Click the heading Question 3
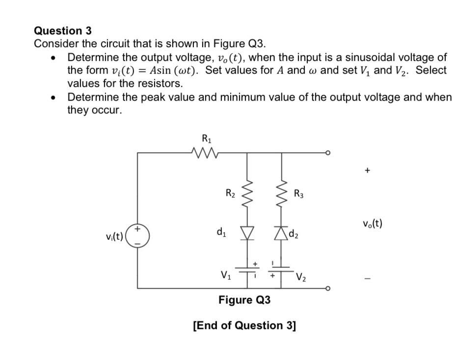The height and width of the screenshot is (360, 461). [62, 31]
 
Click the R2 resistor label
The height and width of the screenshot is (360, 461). [229, 193]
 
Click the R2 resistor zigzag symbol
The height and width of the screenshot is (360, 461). [246, 192]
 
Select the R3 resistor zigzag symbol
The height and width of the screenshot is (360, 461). [281, 192]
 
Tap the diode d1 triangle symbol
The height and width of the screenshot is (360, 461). [246, 234]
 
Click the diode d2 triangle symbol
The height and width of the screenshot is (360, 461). [281, 234]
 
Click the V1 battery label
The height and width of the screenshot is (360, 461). [225, 275]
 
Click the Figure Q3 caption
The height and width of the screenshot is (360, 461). [244, 300]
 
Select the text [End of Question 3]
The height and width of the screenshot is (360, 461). [244, 325]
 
